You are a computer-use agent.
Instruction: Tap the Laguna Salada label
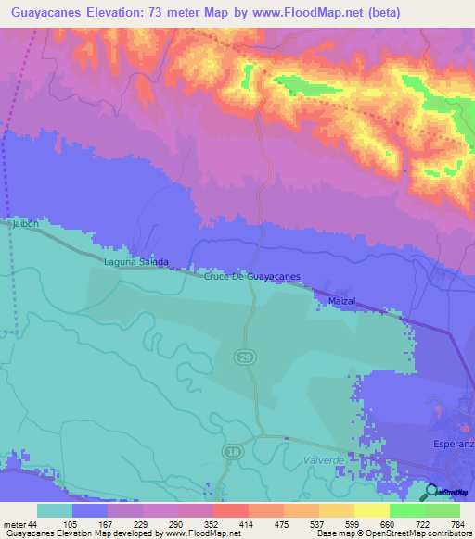[135, 262]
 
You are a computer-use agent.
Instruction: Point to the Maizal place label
[341, 302]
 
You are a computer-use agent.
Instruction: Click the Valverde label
[324, 459]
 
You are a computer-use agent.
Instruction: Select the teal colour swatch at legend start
[55, 510]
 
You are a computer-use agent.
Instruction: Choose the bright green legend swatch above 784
[443, 510]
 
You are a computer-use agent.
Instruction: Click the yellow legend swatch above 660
[372, 510]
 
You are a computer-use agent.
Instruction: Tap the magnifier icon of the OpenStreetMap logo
[432, 492]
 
